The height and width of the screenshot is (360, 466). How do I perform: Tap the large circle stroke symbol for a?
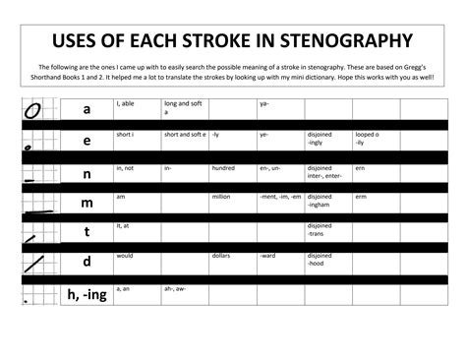coord(31,110)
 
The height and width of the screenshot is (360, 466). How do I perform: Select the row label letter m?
coord(87,203)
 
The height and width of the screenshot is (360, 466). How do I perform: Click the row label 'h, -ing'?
coord(87,294)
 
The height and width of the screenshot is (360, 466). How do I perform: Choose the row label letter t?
coord(87,232)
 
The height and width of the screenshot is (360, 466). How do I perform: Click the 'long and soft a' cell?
coord(184,103)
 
